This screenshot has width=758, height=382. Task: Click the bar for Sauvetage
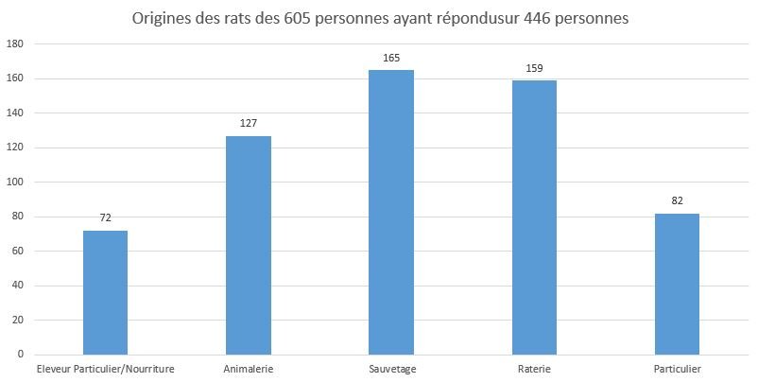(391, 212)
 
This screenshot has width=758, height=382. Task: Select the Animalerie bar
(249, 245)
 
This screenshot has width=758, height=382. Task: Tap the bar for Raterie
(534, 217)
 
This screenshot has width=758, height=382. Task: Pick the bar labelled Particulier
(677, 284)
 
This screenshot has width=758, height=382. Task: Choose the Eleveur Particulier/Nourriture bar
(105, 292)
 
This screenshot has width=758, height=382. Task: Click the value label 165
(391, 59)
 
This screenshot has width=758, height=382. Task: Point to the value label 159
(534, 68)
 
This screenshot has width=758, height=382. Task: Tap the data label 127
(249, 123)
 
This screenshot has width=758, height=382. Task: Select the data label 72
(105, 218)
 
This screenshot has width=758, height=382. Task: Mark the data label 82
(677, 200)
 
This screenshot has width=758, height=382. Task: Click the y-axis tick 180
(16, 44)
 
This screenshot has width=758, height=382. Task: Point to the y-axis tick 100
(16, 182)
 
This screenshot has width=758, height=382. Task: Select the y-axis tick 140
(16, 113)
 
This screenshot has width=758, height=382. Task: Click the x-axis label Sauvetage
(391, 368)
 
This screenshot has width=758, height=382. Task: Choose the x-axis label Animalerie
(249, 368)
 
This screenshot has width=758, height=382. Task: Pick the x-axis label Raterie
(534, 368)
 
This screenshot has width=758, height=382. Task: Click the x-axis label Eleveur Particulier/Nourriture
(105, 368)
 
